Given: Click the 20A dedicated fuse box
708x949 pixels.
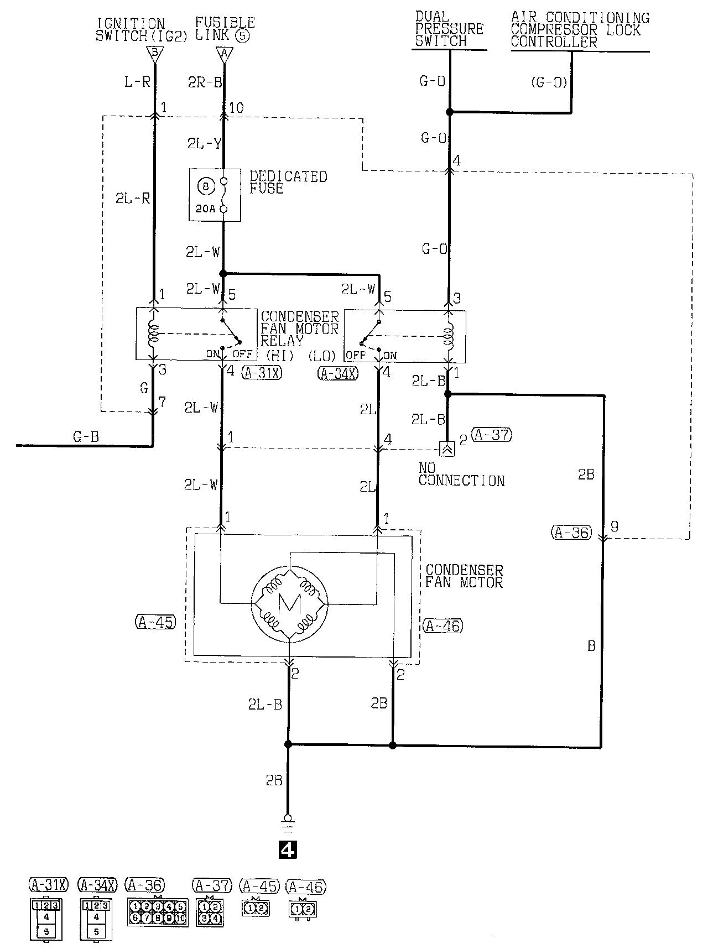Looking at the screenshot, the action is [x=215, y=195].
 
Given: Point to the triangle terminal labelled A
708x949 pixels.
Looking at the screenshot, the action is [x=224, y=54].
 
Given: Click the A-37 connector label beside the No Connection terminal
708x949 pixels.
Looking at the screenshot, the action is [x=492, y=435].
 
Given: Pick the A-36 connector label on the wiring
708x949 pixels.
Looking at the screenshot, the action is [x=571, y=533].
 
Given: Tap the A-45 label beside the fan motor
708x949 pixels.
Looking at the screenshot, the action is [x=155, y=622].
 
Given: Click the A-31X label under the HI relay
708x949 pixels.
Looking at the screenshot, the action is [x=262, y=373].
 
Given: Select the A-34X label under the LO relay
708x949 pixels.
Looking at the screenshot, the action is [x=338, y=373].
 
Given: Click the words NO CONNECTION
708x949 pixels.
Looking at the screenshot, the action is [x=461, y=475].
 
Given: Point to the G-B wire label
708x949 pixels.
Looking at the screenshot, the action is [x=86, y=437].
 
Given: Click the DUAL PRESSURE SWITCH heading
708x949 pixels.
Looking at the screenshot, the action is [x=449, y=29].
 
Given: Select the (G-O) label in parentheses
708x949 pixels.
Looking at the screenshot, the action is [x=549, y=82].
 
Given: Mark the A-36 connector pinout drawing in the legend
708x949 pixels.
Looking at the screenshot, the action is [x=158, y=912].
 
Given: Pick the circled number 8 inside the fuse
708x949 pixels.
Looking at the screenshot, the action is [x=206, y=186].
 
